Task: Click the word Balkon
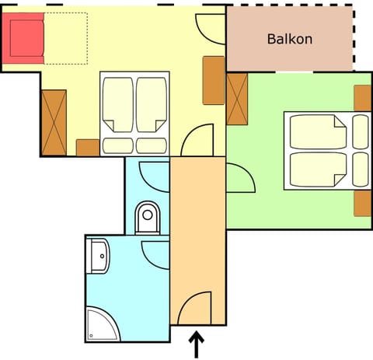pyautogui.click(x=290, y=39)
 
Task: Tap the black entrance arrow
pyautogui.click(x=197, y=344)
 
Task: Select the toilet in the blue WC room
pyautogui.click(x=148, y=218)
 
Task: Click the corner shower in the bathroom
pyautogui.click(x=103, y=324)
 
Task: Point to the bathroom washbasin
pyautogui.click(x=98, y=256)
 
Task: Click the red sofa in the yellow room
pyautogui.click(x=23, y=38)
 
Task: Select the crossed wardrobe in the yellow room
pyautogui.click(x=54, y=123)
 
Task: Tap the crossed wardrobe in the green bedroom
pyautogui.click(x=237, y=99)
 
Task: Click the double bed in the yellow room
pyautogui.click(x=134, y=114)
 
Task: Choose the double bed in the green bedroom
pyautogui.click(x=327, y=151)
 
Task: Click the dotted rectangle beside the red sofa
pyautogui.click(x=66, y=38)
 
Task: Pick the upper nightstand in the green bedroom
pyautogui.click(x=363, y=98)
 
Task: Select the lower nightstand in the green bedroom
pyautogui.click(x=363, y=204)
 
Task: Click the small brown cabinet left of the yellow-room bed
pyautogui.click(x=88, y=148)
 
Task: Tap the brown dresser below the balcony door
pyautogui.click(x=214, y=80)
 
